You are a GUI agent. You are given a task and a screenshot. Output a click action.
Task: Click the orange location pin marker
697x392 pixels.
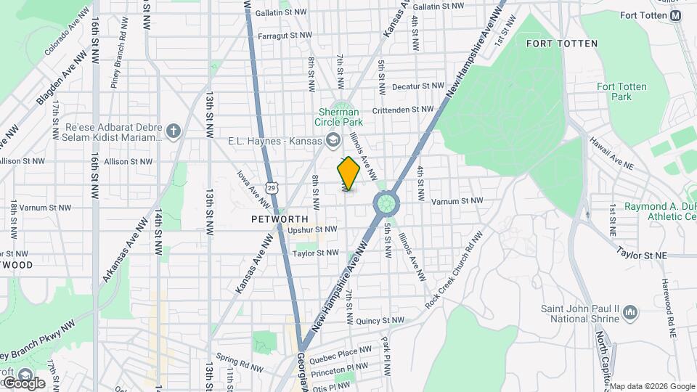pyautogui.click(x=348, y=173)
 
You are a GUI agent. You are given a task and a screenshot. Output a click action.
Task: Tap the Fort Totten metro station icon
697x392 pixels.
pyautogui.click(x=676, y=15)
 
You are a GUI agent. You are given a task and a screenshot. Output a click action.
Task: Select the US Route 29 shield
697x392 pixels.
pyautogui.click(x=272, y=188)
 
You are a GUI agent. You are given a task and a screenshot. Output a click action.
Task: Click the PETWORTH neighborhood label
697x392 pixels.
pyautogui.click(x=280, y=219)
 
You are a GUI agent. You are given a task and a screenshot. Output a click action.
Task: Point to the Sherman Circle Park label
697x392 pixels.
pyautogui.click(x=339, y=118)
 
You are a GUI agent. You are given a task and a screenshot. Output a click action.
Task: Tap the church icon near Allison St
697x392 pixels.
pyautogui.click(x=173, y=131)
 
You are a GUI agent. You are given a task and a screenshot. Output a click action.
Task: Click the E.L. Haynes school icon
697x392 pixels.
pyautogui.click(x=332, y=140)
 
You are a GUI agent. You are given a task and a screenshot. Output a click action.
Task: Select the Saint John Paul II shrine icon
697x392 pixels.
pyautogui.click(x=630, y=313)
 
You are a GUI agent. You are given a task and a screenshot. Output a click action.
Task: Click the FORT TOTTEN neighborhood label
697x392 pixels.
pyautogui.click(x=562, y=44)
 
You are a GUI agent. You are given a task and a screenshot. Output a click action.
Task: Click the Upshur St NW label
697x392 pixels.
pyautogui.click(x=312, y=229)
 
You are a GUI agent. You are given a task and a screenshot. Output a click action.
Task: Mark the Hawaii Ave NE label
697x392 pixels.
pyautogui.click(x=611, y=154)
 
